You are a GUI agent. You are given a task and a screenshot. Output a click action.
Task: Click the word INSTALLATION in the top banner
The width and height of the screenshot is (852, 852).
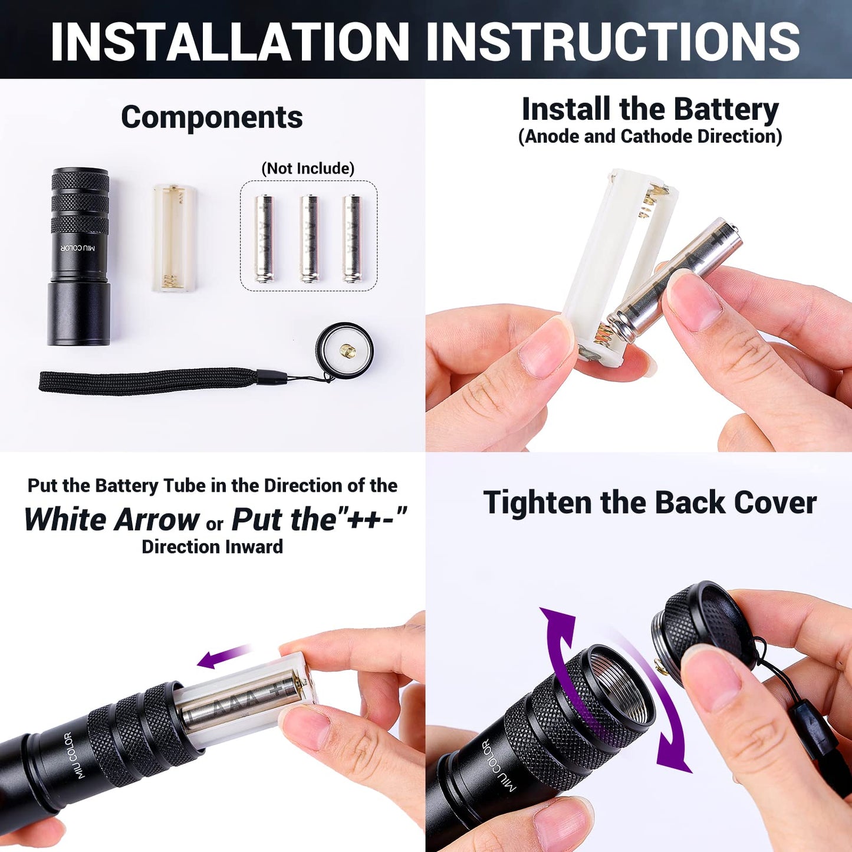click(230, 41)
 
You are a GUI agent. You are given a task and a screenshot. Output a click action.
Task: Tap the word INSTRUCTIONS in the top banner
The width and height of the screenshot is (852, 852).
click(613, 41)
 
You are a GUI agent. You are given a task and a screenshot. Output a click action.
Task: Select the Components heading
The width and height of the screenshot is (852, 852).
click(212, 117)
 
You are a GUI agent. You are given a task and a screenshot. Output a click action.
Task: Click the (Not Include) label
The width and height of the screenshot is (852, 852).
click(308, 169)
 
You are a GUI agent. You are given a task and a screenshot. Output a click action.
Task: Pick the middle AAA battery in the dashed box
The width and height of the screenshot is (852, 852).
click(308, 238)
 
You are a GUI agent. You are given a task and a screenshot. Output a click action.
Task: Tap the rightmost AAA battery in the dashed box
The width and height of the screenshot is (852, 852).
click(352, 238)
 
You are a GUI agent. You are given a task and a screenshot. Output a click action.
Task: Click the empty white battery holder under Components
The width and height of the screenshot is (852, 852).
click(174, 238)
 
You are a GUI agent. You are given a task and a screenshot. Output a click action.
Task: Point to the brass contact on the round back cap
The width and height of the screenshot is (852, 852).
click(347, 351)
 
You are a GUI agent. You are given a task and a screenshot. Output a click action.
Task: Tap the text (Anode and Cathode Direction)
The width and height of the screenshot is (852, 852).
click(650, 136)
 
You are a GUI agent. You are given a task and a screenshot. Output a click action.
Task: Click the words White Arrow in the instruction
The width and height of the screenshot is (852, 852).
click(112, 519)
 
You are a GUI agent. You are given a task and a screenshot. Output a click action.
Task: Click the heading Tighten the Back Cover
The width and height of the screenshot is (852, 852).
click(650, 503)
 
